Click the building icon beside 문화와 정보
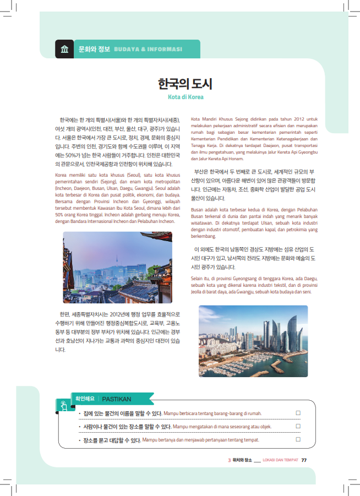click(64, 49)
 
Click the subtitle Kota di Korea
click(186, 97)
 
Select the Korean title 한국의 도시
click(185, 84)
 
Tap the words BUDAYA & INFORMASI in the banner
click(148, 49)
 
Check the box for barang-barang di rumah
click(298, 412)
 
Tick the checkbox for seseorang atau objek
click(298, 426)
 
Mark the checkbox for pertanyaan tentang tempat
click(298, 439)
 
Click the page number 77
click(304, 460)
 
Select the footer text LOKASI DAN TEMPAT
click(280, 460)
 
